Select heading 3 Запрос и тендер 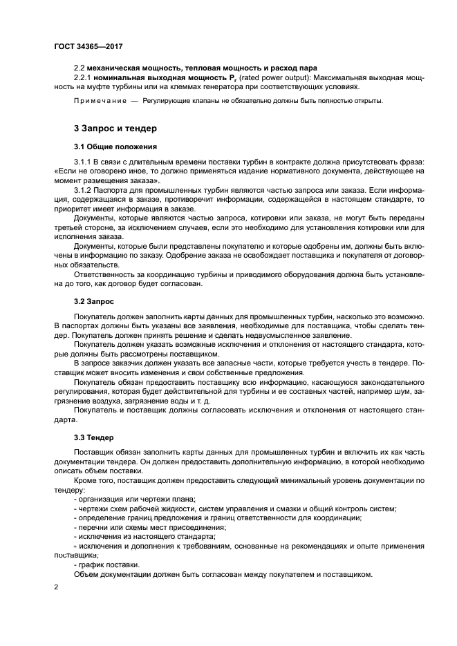tap(115, 128)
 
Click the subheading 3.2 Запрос tap(94, 302)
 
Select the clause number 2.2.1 tap(84, 77)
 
